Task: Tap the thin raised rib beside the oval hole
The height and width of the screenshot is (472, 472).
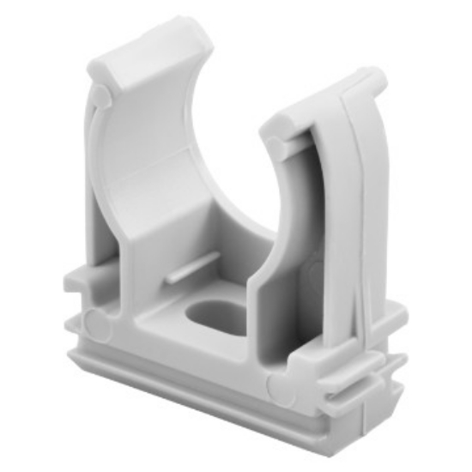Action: (x=184, y=276)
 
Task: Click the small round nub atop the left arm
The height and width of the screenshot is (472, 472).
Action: (x=102, y=93)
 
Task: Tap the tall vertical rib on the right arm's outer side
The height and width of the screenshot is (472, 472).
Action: (x=360, y=215)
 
